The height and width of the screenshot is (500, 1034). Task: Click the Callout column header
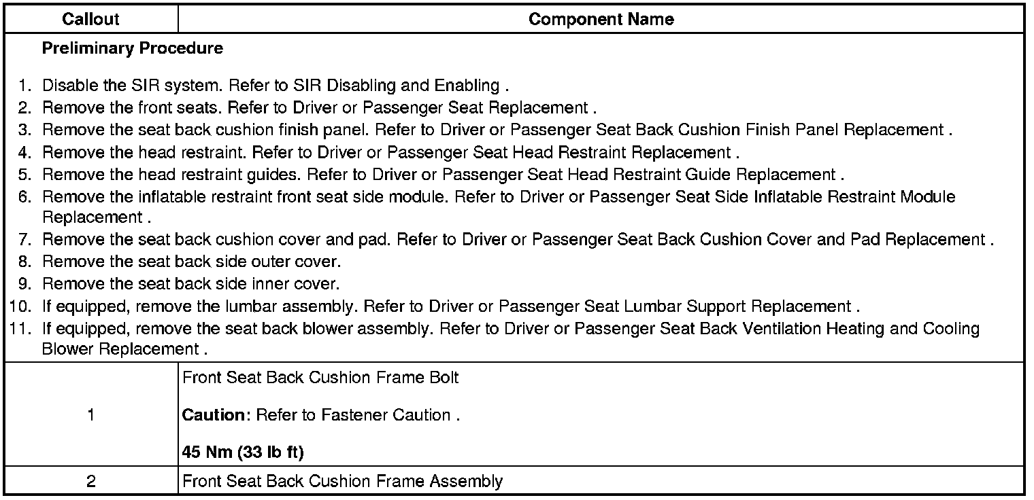[x=90, y=20]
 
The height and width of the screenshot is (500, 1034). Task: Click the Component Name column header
[x=601, y=20]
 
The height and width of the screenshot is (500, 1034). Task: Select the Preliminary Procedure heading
[x=132, y=49]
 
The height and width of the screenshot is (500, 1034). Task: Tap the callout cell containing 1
[x=90, y=415]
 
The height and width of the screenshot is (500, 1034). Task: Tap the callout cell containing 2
[x=90, y=482]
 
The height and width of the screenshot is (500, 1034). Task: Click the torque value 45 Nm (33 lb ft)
[x=243, y=452]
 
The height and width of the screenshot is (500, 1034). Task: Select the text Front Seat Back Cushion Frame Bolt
[x=320, y=378]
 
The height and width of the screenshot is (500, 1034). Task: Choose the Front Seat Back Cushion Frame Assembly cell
[x=343, y=482]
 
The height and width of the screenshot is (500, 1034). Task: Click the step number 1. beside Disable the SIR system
[x=25, y=86]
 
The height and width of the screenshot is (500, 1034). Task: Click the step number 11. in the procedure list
[x=22, y=329]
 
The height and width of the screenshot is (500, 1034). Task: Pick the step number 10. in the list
[x=22, y=307]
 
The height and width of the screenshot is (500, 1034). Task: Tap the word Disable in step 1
[x=66, y=86]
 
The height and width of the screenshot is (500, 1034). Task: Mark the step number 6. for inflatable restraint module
[x=25, y=197]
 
